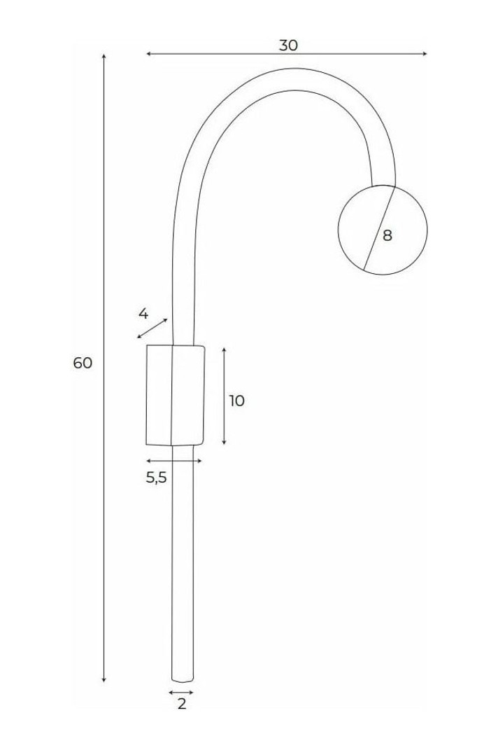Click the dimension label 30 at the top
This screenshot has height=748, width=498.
point(288,46)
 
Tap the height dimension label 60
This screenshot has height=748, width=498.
point(83,363)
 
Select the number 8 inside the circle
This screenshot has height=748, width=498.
point(387,235)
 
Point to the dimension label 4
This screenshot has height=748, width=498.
point(143,314)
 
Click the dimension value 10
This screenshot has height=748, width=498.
point(237,401)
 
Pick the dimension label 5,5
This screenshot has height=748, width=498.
point(156,478)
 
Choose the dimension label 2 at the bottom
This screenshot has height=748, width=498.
point(182,704)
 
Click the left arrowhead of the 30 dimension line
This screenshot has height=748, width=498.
point(149,54)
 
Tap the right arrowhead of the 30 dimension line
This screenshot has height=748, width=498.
point(425,54)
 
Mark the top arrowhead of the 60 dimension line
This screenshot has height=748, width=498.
point(104,57)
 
